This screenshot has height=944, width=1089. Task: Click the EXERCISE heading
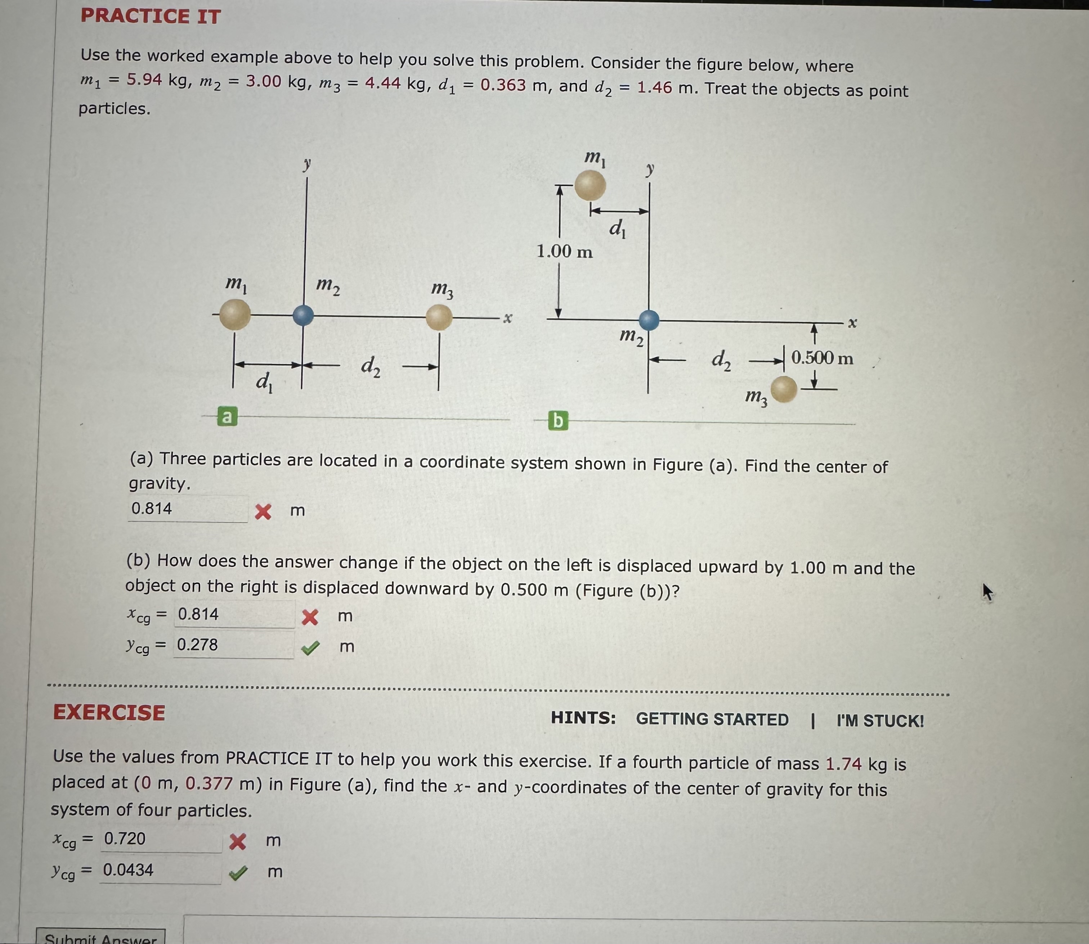[109, 713]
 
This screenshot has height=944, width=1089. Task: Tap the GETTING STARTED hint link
[712, 719]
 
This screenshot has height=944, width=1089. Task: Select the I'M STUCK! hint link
[880, 721]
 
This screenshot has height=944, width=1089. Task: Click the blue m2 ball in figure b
[649, 320]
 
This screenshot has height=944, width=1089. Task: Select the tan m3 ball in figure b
[784, 389]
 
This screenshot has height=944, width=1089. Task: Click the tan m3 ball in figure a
[439, 318]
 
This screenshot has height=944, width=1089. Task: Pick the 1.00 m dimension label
[565, 251]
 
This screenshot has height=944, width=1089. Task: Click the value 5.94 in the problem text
[144, 80]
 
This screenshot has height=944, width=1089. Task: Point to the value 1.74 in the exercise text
[843, 763]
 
